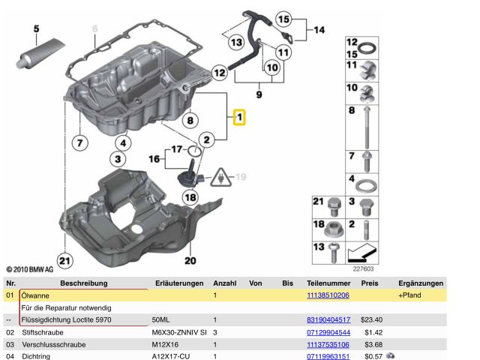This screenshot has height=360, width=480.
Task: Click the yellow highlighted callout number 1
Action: coord(239,118)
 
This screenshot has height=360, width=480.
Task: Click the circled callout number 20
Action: coord(190,260)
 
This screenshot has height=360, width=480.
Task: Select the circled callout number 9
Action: coord(259,96)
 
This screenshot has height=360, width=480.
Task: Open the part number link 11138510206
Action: coord(328,295)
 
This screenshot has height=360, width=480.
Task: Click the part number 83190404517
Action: coord(328,319)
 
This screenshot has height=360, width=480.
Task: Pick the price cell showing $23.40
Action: coord(372,319)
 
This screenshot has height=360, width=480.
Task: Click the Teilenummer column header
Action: coord(328,283)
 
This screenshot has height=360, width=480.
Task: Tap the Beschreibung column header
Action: coord(83,283)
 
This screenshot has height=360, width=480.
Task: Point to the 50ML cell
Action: coord(162,319)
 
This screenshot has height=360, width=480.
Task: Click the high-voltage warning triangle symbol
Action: coord(222,178)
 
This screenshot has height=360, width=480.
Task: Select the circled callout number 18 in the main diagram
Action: coord(190,197)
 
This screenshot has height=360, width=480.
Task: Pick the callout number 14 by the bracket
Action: coord(320,31)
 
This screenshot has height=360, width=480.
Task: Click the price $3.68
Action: coord(373,344)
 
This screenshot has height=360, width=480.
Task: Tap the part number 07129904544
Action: coord(328,331)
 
